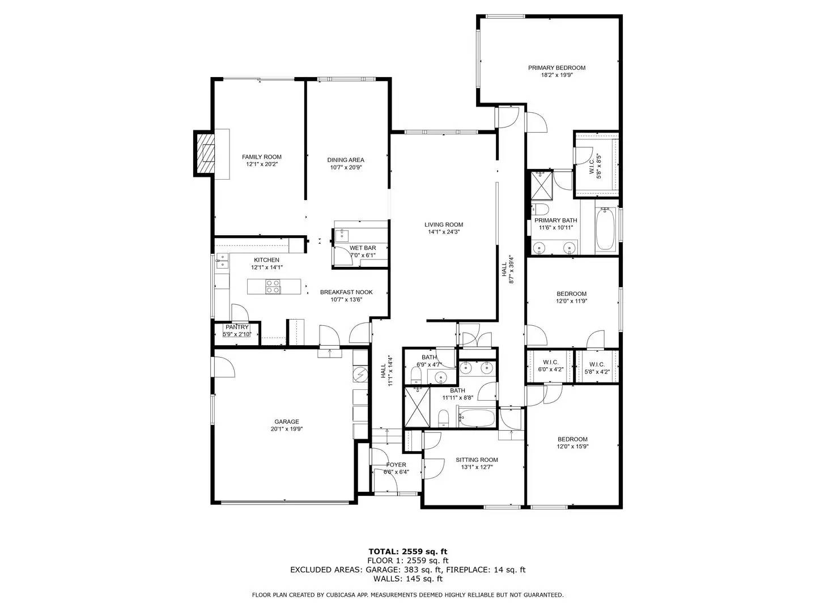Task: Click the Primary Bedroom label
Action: [x=556, y=68]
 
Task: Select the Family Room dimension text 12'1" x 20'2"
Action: [x=261, y=164]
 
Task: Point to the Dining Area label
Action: [x=346, y=160]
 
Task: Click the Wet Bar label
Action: [x=363, y=248]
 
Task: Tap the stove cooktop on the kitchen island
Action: [x=273, y=287]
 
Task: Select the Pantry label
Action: [x=237, y=327]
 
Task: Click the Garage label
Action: [x=287, y=422]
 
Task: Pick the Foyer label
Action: [x=396, y=465]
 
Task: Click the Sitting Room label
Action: [x=477, y=460]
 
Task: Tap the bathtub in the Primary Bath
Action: [x=605, y=229]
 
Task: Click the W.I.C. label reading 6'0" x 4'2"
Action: [x=550, y=363]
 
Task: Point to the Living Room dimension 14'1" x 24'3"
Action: [x=444, y=232]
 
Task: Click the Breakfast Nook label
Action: [x=346, y=292]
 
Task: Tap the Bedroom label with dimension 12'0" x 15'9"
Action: [x=572, y=439]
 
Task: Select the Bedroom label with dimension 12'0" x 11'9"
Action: [x=571, y=294]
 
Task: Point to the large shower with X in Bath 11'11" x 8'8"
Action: [x=416, y=406]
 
